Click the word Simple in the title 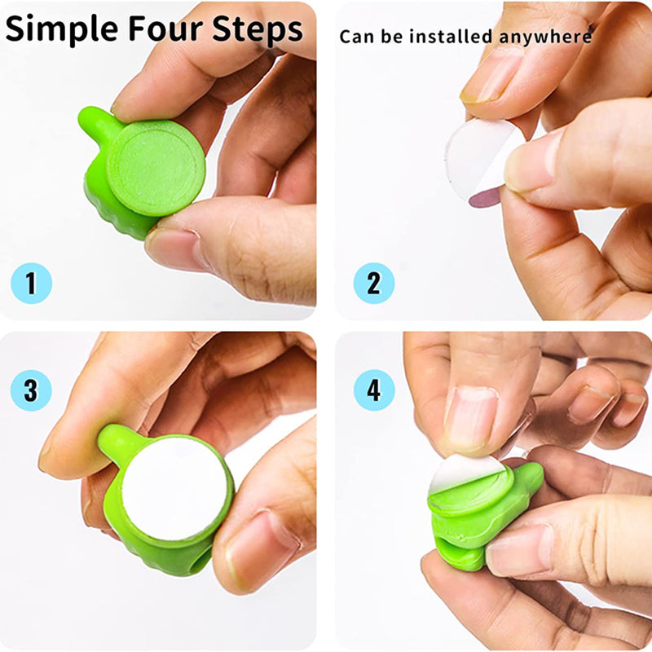tap(61, 30)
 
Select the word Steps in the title tap(258, 30)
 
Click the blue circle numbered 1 tap(31, 284)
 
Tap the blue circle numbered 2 tap(373, 284)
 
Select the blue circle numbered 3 tap(31, 390)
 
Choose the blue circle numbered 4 tap(373, 390)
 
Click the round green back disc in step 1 tap(156, 168)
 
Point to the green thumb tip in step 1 tap(90, 121)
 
